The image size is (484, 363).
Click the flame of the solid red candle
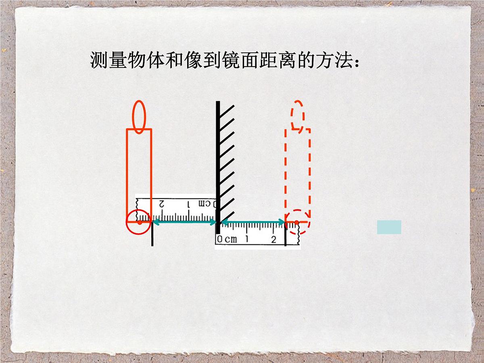click(139, 117)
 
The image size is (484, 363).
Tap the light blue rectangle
click(389, 227)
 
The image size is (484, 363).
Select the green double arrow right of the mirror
click(253, 222)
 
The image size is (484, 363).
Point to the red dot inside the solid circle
click(140, 223)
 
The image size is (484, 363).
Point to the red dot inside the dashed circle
click(296, 223)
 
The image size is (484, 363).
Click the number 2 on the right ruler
click(273, 239)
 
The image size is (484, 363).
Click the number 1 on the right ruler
click(247, 239)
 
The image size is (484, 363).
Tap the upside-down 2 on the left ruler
click(162, 204)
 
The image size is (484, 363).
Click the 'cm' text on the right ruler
click(231, 239)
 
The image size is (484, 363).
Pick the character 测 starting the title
click(99, 60)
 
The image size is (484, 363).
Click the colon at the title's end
click(357, 63)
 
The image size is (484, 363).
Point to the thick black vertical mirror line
click(218, 167)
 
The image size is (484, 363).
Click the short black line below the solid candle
click(152, 234)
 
